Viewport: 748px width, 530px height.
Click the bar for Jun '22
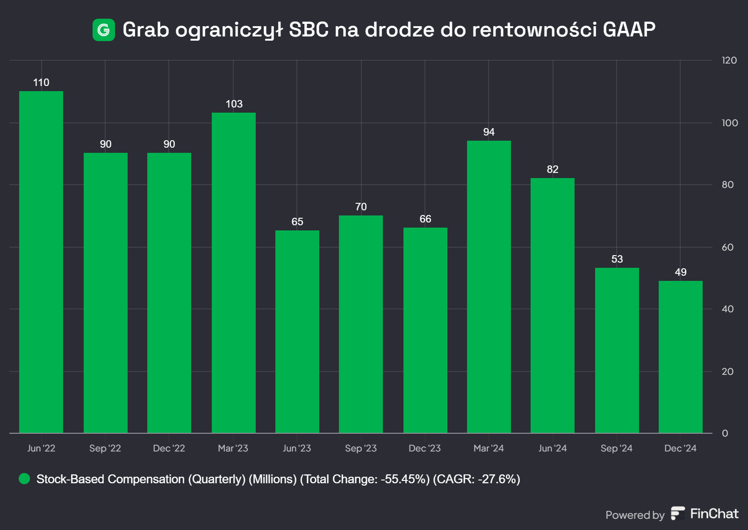tap(41, 262)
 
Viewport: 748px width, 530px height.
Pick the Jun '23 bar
tap(297, 331)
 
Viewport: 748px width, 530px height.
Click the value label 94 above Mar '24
tap(489, 132)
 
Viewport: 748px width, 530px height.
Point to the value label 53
tap(617, 259)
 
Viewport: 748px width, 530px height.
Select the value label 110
tap(41, 83)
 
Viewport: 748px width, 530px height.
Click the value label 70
tap(361, 207)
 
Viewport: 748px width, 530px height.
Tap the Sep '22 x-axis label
tap(105, 448)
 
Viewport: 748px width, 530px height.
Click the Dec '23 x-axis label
tap(424, 448)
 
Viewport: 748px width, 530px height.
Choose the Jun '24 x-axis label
tap(553, 448)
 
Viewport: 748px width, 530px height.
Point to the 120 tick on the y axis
tap(729, 60)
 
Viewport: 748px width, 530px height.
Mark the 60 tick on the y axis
tap(727, 247)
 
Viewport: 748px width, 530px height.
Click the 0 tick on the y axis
tap(725, 433)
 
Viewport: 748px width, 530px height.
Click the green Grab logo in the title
tap(104, 30)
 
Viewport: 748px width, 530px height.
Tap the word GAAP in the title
tap(629, 30)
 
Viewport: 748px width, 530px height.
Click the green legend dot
tap(24, 479)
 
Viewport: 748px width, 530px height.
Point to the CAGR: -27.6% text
tap(476, 479)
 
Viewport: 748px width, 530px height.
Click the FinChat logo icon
tap(677, 513)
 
